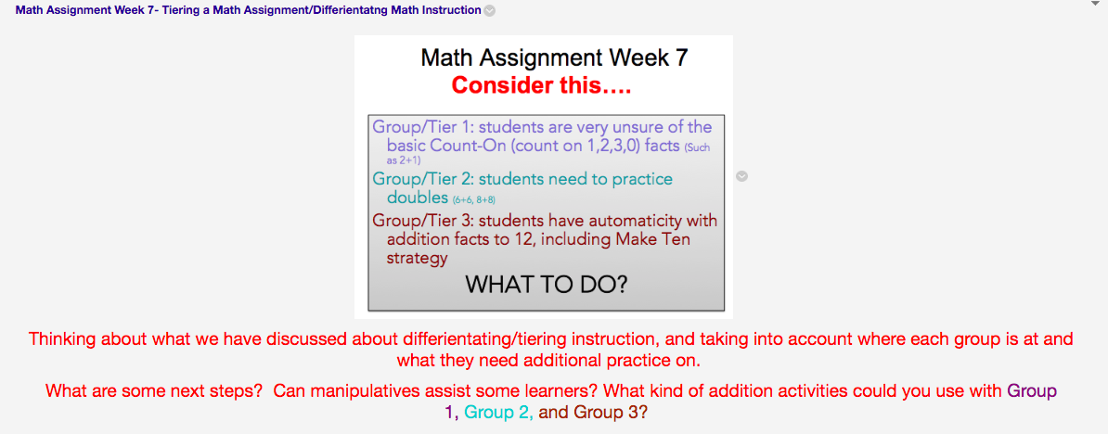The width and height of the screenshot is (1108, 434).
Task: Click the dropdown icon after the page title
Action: pos(490,11)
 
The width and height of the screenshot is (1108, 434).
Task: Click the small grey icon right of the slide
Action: pos(741,176)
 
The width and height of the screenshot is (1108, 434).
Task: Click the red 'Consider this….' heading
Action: pos(541,86)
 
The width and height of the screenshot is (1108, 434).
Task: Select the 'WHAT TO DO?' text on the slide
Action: pos(546,285)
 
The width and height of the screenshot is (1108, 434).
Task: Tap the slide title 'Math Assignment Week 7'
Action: pos(554,57)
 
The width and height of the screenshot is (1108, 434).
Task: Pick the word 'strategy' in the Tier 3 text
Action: pos(417,258)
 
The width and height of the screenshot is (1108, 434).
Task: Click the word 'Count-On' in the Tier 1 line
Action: pos(464,146)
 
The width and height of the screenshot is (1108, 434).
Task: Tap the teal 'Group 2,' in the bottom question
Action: pos(498,412)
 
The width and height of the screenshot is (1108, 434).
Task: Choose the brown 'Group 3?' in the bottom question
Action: pos(610,412)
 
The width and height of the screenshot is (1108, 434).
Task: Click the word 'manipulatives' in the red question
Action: pos(366,391)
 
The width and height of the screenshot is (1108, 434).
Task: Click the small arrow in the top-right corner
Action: pos(1096,4)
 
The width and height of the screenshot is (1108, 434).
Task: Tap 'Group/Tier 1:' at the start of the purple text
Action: pos(422,127)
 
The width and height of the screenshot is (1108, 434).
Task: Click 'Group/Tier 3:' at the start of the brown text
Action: pos(422,222)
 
